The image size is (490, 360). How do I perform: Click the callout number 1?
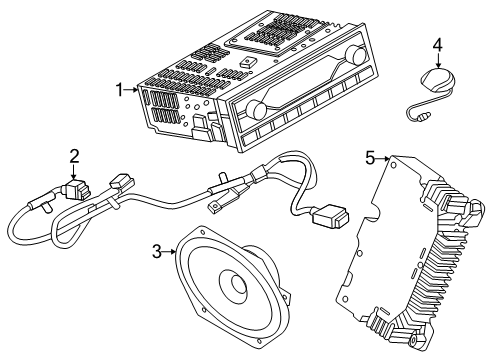[119, 90]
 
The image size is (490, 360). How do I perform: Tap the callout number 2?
[75, 156]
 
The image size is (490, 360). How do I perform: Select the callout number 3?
[157, 252]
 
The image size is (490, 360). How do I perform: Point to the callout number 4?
[438, 45]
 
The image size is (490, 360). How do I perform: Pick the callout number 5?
[370, 158]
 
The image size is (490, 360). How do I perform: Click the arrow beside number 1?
[130, 89]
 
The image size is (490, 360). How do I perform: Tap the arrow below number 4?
[438, 61]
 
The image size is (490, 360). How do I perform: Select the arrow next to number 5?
[383, 159]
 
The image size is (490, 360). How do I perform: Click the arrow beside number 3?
[169, 252]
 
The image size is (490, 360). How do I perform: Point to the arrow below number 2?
[74, 172]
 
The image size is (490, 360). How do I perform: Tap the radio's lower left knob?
[256, 109]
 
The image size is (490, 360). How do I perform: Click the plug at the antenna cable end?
[423, 117]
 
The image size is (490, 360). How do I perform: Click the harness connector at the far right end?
[331, 216]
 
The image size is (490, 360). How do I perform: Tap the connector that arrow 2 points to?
[77, 191]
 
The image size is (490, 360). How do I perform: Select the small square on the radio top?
[247, 62]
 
